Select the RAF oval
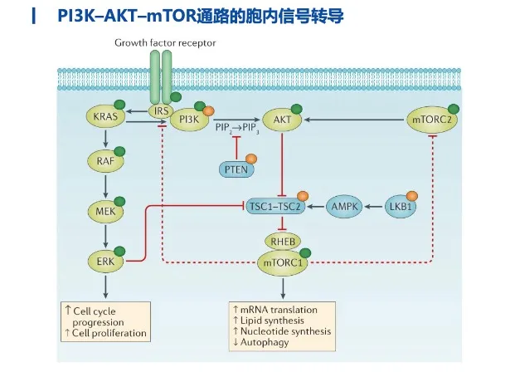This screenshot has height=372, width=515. pyautogui.click(x=105, y=164)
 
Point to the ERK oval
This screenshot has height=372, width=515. pyautogui.click(x=105, y=262)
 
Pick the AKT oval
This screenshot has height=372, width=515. pyautogui.click(x=283, y=120)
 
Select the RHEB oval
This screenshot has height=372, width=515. pyautogui.click(x=283, y=242)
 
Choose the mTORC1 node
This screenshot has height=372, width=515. pyautogui.click(x=283, y=263)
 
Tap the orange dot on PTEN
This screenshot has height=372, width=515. pyautogui.click(x=250, y=159)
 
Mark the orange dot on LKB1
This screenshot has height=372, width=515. pyautogui.click(x=413, y=195)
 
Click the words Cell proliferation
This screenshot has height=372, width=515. pyautogui.click(x=113, y=334)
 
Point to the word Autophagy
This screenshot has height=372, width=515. pyautogui.click(x=265, y=343)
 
